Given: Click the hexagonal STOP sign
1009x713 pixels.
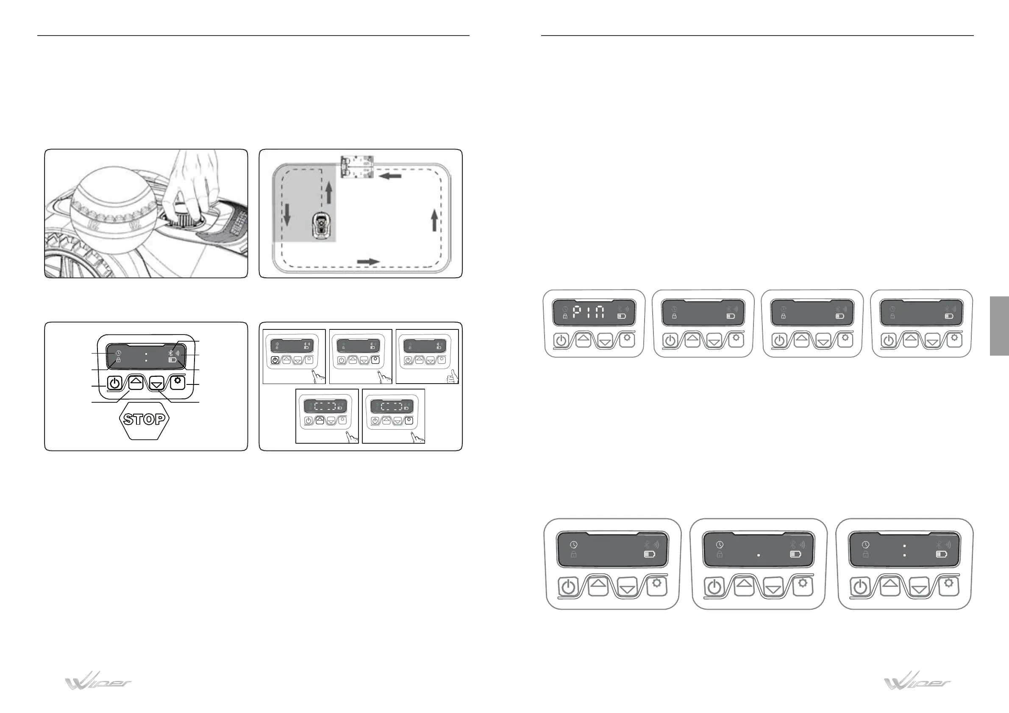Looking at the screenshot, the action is coord(144,419).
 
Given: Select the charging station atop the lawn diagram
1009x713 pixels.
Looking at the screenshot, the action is coord(357,166).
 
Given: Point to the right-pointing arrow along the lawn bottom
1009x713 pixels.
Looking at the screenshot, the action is coord(368,262).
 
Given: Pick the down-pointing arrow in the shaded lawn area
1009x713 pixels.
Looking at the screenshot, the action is coord(287,214).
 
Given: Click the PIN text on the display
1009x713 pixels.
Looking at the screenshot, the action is coord(589,312).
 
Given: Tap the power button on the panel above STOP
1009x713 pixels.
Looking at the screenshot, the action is coord(114,383).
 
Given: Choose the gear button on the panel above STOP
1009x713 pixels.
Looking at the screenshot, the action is coord(178,382).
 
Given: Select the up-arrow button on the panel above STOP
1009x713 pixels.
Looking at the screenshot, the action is coord(136,382).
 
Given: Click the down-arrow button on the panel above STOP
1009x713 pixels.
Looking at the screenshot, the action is coord(156,383).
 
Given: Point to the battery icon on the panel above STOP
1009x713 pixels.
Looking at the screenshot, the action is coord(173,360).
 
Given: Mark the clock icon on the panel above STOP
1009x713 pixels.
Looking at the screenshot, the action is coord(119,353).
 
